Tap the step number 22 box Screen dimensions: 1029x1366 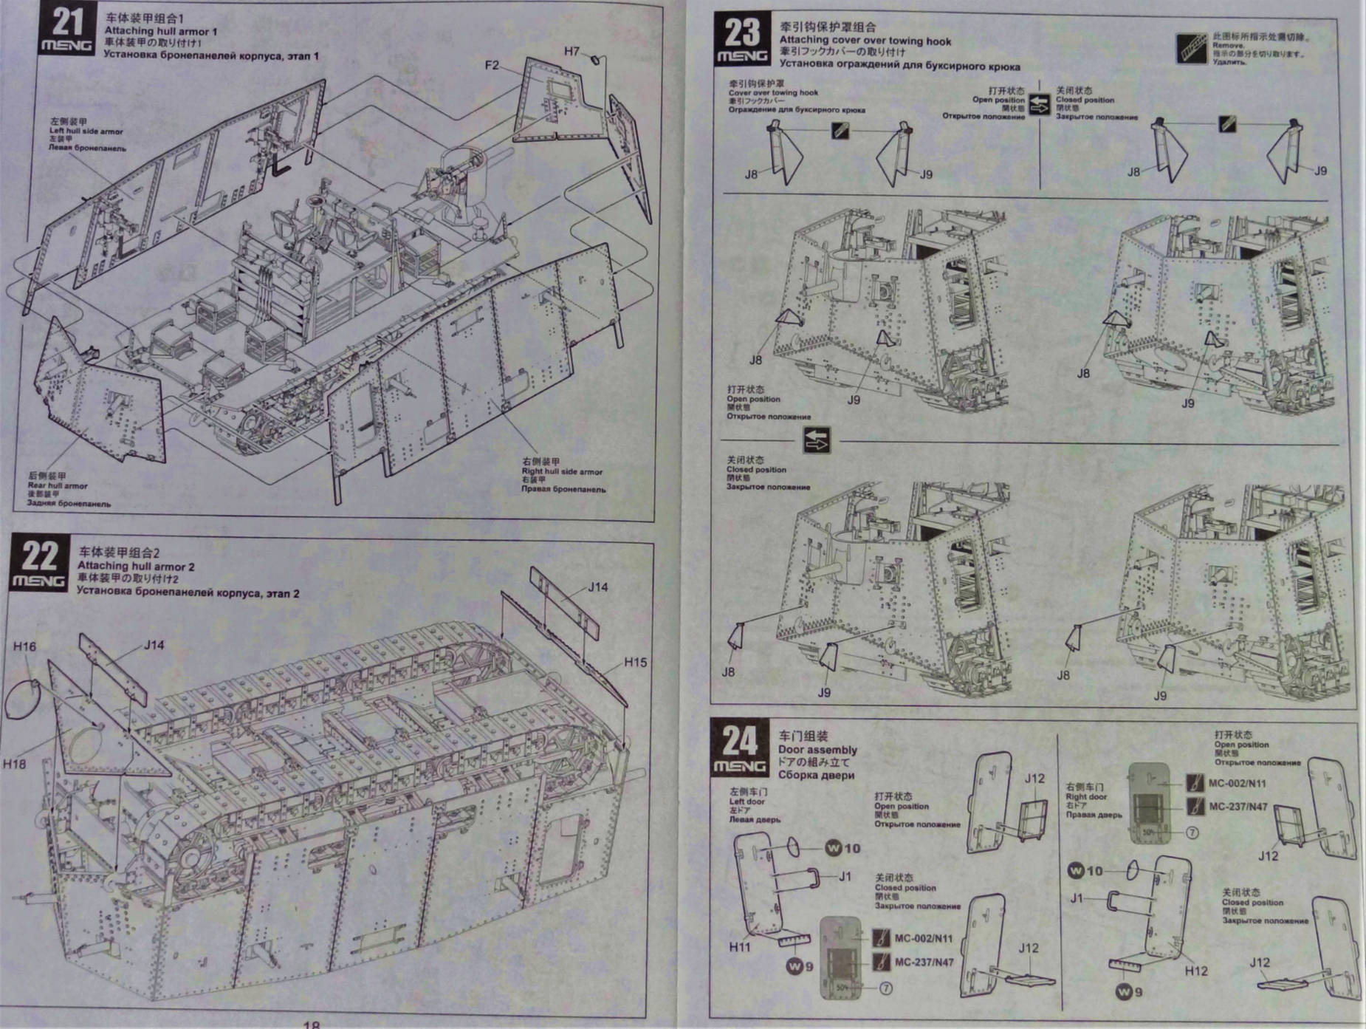point(40,563)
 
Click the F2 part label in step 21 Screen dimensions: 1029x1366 point(492,65)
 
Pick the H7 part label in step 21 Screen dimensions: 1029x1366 point(572,51)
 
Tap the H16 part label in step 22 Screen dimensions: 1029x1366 point(24,646)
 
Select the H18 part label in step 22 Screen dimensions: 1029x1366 point(14,763)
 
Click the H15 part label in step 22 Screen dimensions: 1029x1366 point(635,662)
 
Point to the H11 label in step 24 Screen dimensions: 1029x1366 point(740,946)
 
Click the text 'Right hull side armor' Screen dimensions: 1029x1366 point(562,471)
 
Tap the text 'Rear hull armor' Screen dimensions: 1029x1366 point(58,485)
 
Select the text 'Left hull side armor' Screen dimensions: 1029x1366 point(86,131)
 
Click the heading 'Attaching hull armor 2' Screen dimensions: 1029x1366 point(136,566)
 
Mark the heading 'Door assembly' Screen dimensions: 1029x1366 point(817,749)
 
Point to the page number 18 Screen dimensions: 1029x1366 point(312,1024)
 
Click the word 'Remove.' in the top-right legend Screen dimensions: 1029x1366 point(1228,45)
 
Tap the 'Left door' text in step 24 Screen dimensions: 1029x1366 point(747,801)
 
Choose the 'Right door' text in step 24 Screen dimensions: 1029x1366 point(1086,796)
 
